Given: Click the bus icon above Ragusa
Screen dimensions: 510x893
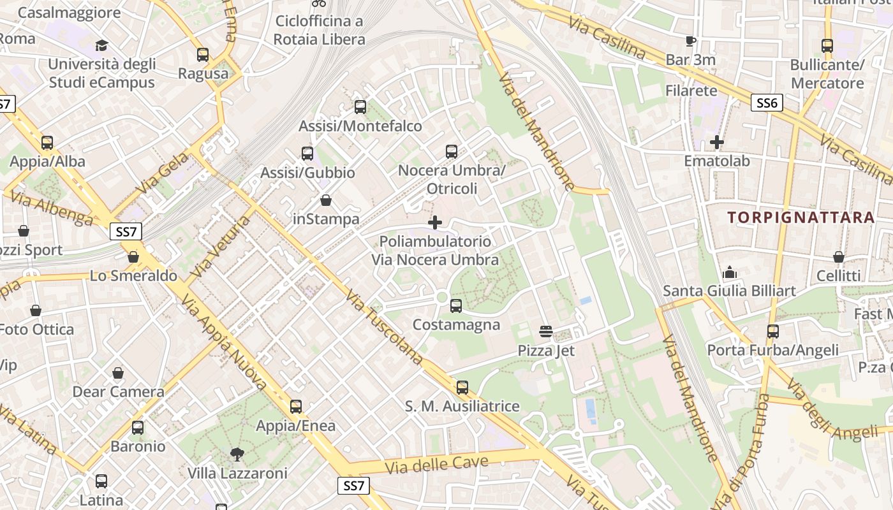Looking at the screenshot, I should click(203, 55).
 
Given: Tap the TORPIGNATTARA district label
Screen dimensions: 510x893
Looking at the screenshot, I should click(801, 217).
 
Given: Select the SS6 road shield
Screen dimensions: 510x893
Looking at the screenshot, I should click(766, 103).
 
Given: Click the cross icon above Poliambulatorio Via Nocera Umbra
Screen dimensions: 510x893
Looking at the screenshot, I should click(435, 222).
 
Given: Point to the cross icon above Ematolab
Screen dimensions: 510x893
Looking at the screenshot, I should click(717, 142).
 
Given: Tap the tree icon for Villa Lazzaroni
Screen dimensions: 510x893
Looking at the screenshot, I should click(237, 454).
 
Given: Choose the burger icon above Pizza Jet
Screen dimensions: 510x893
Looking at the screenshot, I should click(546, 331).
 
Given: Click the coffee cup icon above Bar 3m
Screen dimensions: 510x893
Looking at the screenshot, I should click(690, 41).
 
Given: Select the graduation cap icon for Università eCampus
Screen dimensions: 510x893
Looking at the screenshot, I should click(101, 45).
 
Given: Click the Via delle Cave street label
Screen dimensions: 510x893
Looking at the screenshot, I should click(437, 465).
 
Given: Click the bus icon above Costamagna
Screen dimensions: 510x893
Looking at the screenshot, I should click(456, 306).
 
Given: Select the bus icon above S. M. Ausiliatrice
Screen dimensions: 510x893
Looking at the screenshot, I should click(462, 388).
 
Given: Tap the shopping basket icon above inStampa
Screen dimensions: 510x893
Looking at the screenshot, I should click(326, 201).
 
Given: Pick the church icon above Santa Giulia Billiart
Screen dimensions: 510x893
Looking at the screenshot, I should click(729, 273).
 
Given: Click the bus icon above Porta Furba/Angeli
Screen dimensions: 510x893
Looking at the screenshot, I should click(773, 331).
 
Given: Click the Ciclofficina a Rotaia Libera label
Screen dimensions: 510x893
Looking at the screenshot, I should click(319, 30).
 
